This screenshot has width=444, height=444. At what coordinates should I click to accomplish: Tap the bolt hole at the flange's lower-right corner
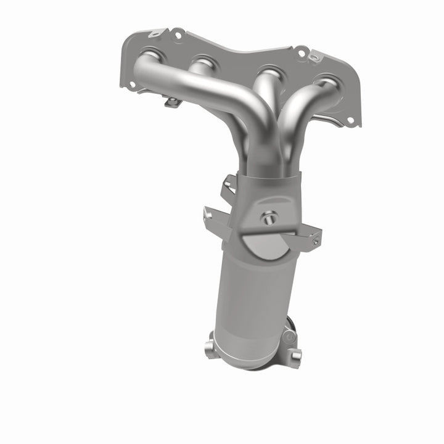click(353, 121)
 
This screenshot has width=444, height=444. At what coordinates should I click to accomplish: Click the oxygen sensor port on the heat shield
click(268, 216)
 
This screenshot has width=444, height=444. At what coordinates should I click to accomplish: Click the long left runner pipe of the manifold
click(203, 99)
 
